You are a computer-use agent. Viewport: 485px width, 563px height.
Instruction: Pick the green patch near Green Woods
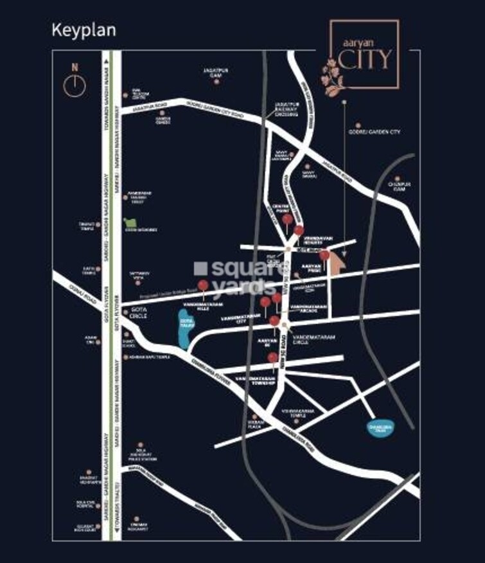127,222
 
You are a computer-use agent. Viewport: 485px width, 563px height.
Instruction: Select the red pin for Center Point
287,221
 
